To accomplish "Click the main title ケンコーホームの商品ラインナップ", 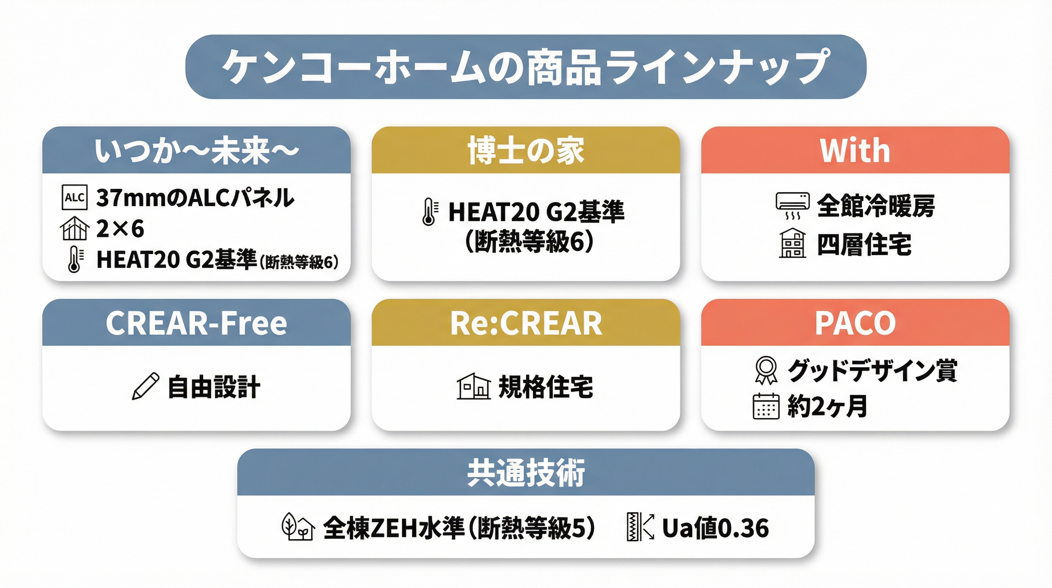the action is [x=526, y=67].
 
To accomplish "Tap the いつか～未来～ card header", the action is [x=196, y=151].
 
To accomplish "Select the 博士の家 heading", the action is [x=526, y=151].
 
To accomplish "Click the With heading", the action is [x=855, y=150].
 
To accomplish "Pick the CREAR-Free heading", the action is [x=196, y=323].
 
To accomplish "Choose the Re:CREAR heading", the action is [x=526, y=323].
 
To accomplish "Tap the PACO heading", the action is [x=855, y=323].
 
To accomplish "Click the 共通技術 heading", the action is [x=526, y=473].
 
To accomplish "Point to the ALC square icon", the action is [x=74, y=198].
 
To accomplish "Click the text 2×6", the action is [x=120, y=228].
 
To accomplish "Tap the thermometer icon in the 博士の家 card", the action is [x=430, y=212].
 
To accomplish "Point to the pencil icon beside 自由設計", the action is [x=145, y=386].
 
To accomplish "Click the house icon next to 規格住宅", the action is [x=474, y=386].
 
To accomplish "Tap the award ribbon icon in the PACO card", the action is [x=766, y=371].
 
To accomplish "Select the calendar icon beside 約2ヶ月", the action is [x=766, y=406].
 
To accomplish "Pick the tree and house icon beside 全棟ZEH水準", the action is [x=298, y=527].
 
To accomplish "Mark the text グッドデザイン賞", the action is [x=872, y=371].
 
